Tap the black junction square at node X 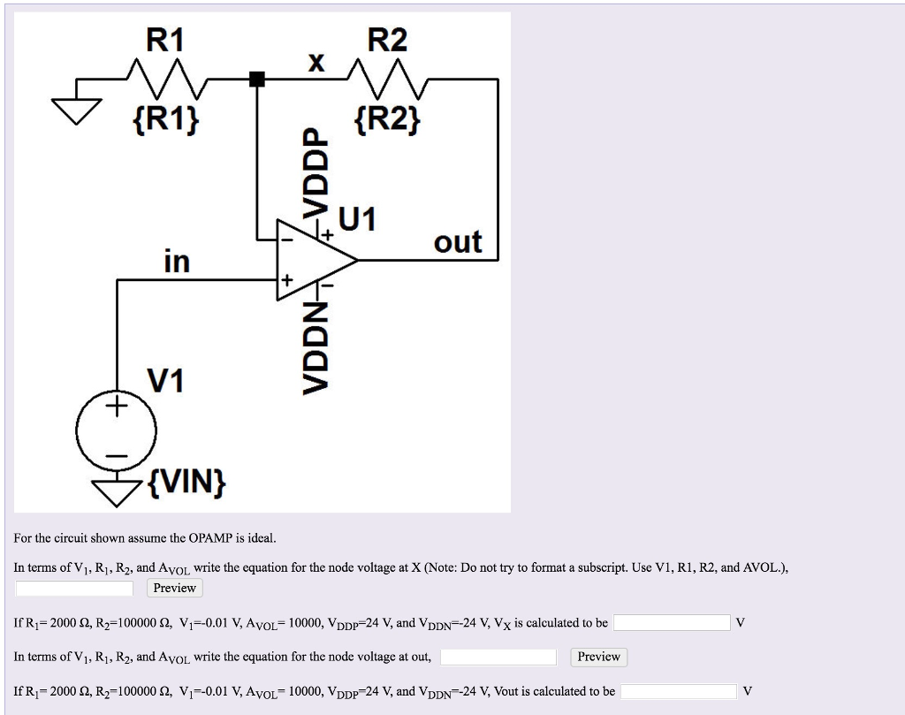click(x=257, y=80)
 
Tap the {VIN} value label click(x=186, y=481)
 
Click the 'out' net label click(x=458, y=241)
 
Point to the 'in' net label click(x=177, y=262)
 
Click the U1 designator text click(x=357, y=217)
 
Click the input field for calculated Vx click(x=672, y=623)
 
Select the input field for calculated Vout click(x=679, y=691)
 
